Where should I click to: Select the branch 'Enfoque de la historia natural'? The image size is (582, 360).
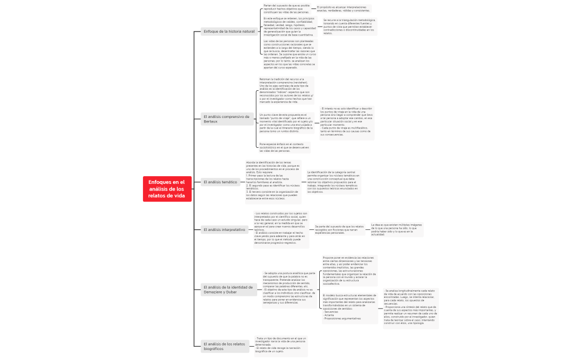[x=229, y=32]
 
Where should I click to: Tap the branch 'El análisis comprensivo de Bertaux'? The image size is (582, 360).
[x=226, y=119]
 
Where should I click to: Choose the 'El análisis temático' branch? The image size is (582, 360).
[x=221, y=182]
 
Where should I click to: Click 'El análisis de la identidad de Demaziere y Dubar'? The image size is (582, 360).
[x=227, y=290]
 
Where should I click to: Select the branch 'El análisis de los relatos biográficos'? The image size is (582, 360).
[x=224, y=346]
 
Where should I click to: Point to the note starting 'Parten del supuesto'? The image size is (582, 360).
[x=286, y=8]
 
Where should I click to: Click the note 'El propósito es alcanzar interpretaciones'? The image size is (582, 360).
[x=343, y=8]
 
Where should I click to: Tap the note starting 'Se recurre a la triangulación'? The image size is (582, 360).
[x=349, y=27]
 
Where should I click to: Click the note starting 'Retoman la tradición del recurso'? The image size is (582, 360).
[x=286, y=90]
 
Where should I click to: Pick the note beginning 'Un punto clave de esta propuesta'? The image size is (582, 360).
[x=285, y=124]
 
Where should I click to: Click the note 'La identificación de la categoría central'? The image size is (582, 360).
[x=333, y=182]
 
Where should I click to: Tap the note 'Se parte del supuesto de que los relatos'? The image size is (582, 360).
[x=339, y=229]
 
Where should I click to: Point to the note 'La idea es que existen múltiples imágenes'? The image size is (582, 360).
[x=396, y=229]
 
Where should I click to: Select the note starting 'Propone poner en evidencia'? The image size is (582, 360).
[x=349, y=270]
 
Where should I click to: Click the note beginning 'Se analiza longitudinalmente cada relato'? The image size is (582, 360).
[x=410, y=308]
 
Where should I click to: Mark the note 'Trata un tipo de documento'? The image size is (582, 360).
[x=280, y=344]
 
